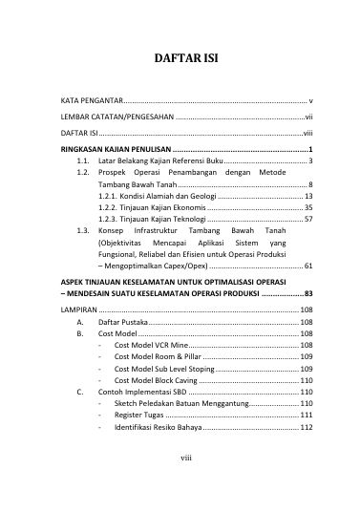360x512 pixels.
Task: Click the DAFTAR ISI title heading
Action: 180,57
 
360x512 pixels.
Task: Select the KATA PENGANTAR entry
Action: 91,100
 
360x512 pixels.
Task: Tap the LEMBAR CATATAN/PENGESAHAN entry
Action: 118,117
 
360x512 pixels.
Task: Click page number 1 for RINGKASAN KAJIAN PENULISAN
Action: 312,151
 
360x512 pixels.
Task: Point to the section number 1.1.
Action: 83,164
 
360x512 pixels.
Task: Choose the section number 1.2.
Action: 83,177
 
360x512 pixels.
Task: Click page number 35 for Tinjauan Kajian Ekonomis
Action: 308,207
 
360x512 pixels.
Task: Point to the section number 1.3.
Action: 83,232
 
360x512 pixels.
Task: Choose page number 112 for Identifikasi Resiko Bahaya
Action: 307,428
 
